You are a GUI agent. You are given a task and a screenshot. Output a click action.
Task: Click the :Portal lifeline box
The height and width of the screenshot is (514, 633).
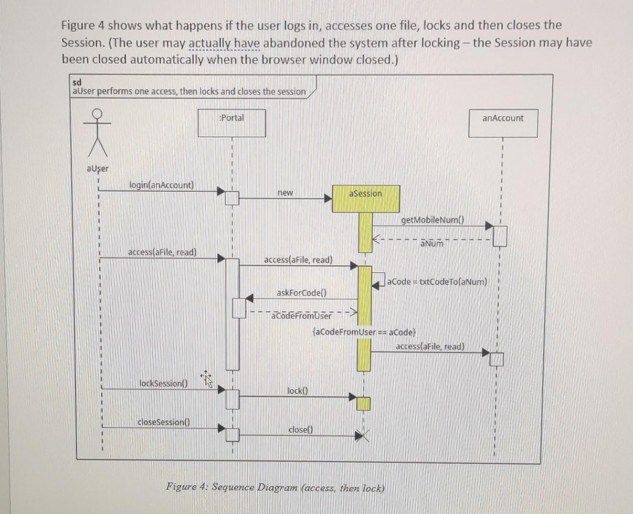point(232,123)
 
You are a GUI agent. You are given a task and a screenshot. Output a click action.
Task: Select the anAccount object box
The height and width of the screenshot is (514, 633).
point(503,123)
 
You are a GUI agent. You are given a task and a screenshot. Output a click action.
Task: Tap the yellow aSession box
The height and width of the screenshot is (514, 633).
point(366,198)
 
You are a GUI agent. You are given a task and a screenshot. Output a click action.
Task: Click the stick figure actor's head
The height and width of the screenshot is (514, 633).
point(97,113)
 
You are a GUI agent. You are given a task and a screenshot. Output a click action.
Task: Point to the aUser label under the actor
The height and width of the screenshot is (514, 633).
point(98,168)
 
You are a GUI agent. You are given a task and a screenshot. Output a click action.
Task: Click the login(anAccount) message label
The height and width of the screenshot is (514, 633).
point(162,185)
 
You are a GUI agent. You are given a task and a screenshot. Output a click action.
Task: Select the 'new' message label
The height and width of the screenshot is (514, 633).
point(285,193)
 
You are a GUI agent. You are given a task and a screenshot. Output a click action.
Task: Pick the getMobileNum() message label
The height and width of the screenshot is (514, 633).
point(432,220)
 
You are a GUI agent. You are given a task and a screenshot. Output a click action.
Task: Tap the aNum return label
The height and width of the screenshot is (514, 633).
point(432,244)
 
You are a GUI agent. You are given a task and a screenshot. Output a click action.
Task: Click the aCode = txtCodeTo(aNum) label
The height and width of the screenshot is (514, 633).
point(437,281)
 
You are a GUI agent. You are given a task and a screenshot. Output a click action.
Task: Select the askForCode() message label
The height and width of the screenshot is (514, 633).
point(301,293)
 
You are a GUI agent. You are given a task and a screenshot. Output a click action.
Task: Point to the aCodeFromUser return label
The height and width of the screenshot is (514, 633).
point(301,316)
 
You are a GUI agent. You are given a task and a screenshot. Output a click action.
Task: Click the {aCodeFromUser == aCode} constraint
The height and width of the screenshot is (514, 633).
point(364,332)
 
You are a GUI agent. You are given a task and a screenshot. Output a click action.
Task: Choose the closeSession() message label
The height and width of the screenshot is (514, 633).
point(164,422)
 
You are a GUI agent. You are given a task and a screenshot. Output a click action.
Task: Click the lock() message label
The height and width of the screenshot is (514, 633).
point(298,391)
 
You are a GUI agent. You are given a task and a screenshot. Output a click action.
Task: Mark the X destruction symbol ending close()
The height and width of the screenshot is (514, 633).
point(363,435)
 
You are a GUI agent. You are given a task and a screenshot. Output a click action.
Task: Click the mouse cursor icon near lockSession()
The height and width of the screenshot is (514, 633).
point(207,379)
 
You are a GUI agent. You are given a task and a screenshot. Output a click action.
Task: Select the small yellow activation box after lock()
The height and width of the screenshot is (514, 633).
point(364,404)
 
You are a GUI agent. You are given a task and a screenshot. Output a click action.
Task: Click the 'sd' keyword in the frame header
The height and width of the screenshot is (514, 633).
point(77,82)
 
